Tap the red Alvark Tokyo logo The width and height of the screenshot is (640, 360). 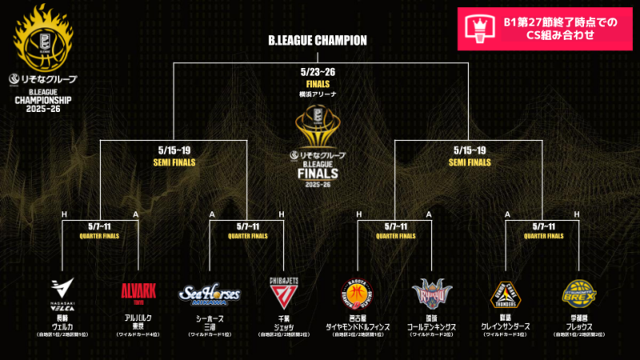click(138, 293)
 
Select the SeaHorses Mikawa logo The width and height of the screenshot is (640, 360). click(209, 294)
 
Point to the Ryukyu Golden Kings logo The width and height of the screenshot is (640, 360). click(431, 293)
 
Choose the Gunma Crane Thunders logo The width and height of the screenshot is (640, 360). click(506, 294)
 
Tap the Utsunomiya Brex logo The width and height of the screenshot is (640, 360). click(579, 293)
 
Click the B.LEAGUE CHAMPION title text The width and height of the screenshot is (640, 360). click(318, 40)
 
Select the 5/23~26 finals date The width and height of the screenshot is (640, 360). click(318, 71)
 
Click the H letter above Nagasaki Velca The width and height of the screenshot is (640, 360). click(63, 214)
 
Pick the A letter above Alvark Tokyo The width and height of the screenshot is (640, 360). click(138, 214)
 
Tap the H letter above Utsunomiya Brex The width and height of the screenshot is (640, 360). click(579, 214)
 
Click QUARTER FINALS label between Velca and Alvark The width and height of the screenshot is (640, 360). click(100, 235)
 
